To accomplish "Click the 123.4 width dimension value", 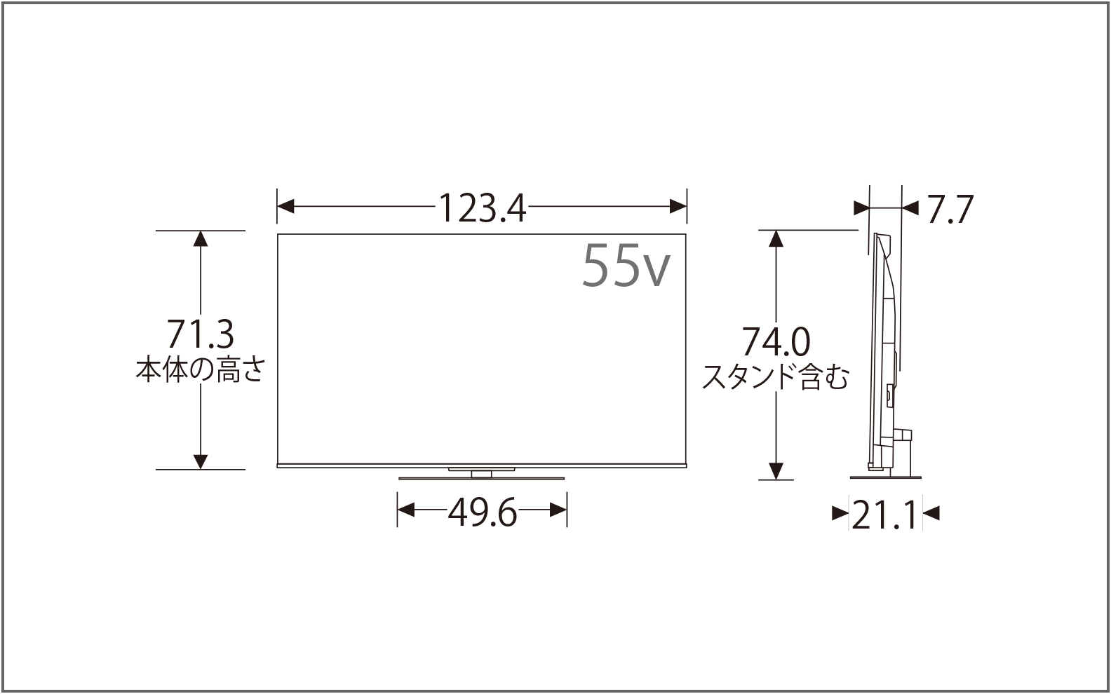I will pyautogui.click(x=483, y=207).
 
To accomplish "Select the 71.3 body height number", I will pyautogui.click(x=200, y=334).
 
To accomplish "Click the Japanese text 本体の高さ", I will pyautogui.click(x=200, y=369).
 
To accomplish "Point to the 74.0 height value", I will pyautogui.click(x=776, y=343).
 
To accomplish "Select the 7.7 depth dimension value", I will pyautogui.click(x=950, y=209).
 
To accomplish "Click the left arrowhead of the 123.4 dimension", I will pyautogui.click(x=285, y=207).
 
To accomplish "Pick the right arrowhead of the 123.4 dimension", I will pyautogui.click(x=678, y=207).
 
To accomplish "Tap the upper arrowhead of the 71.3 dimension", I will pyautogui.click(x=201, y=238).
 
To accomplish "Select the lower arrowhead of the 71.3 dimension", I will pyautogui.click(x=201, y=461).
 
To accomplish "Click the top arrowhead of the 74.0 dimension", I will pyautogui.click(x=776, y=238).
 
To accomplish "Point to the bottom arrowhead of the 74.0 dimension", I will pyautogui.click(x=776, y=471).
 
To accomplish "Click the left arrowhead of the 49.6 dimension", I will pyautogui.click(x=406, y=510).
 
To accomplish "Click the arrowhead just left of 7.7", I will pyautogui.click(x=909, y=207).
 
